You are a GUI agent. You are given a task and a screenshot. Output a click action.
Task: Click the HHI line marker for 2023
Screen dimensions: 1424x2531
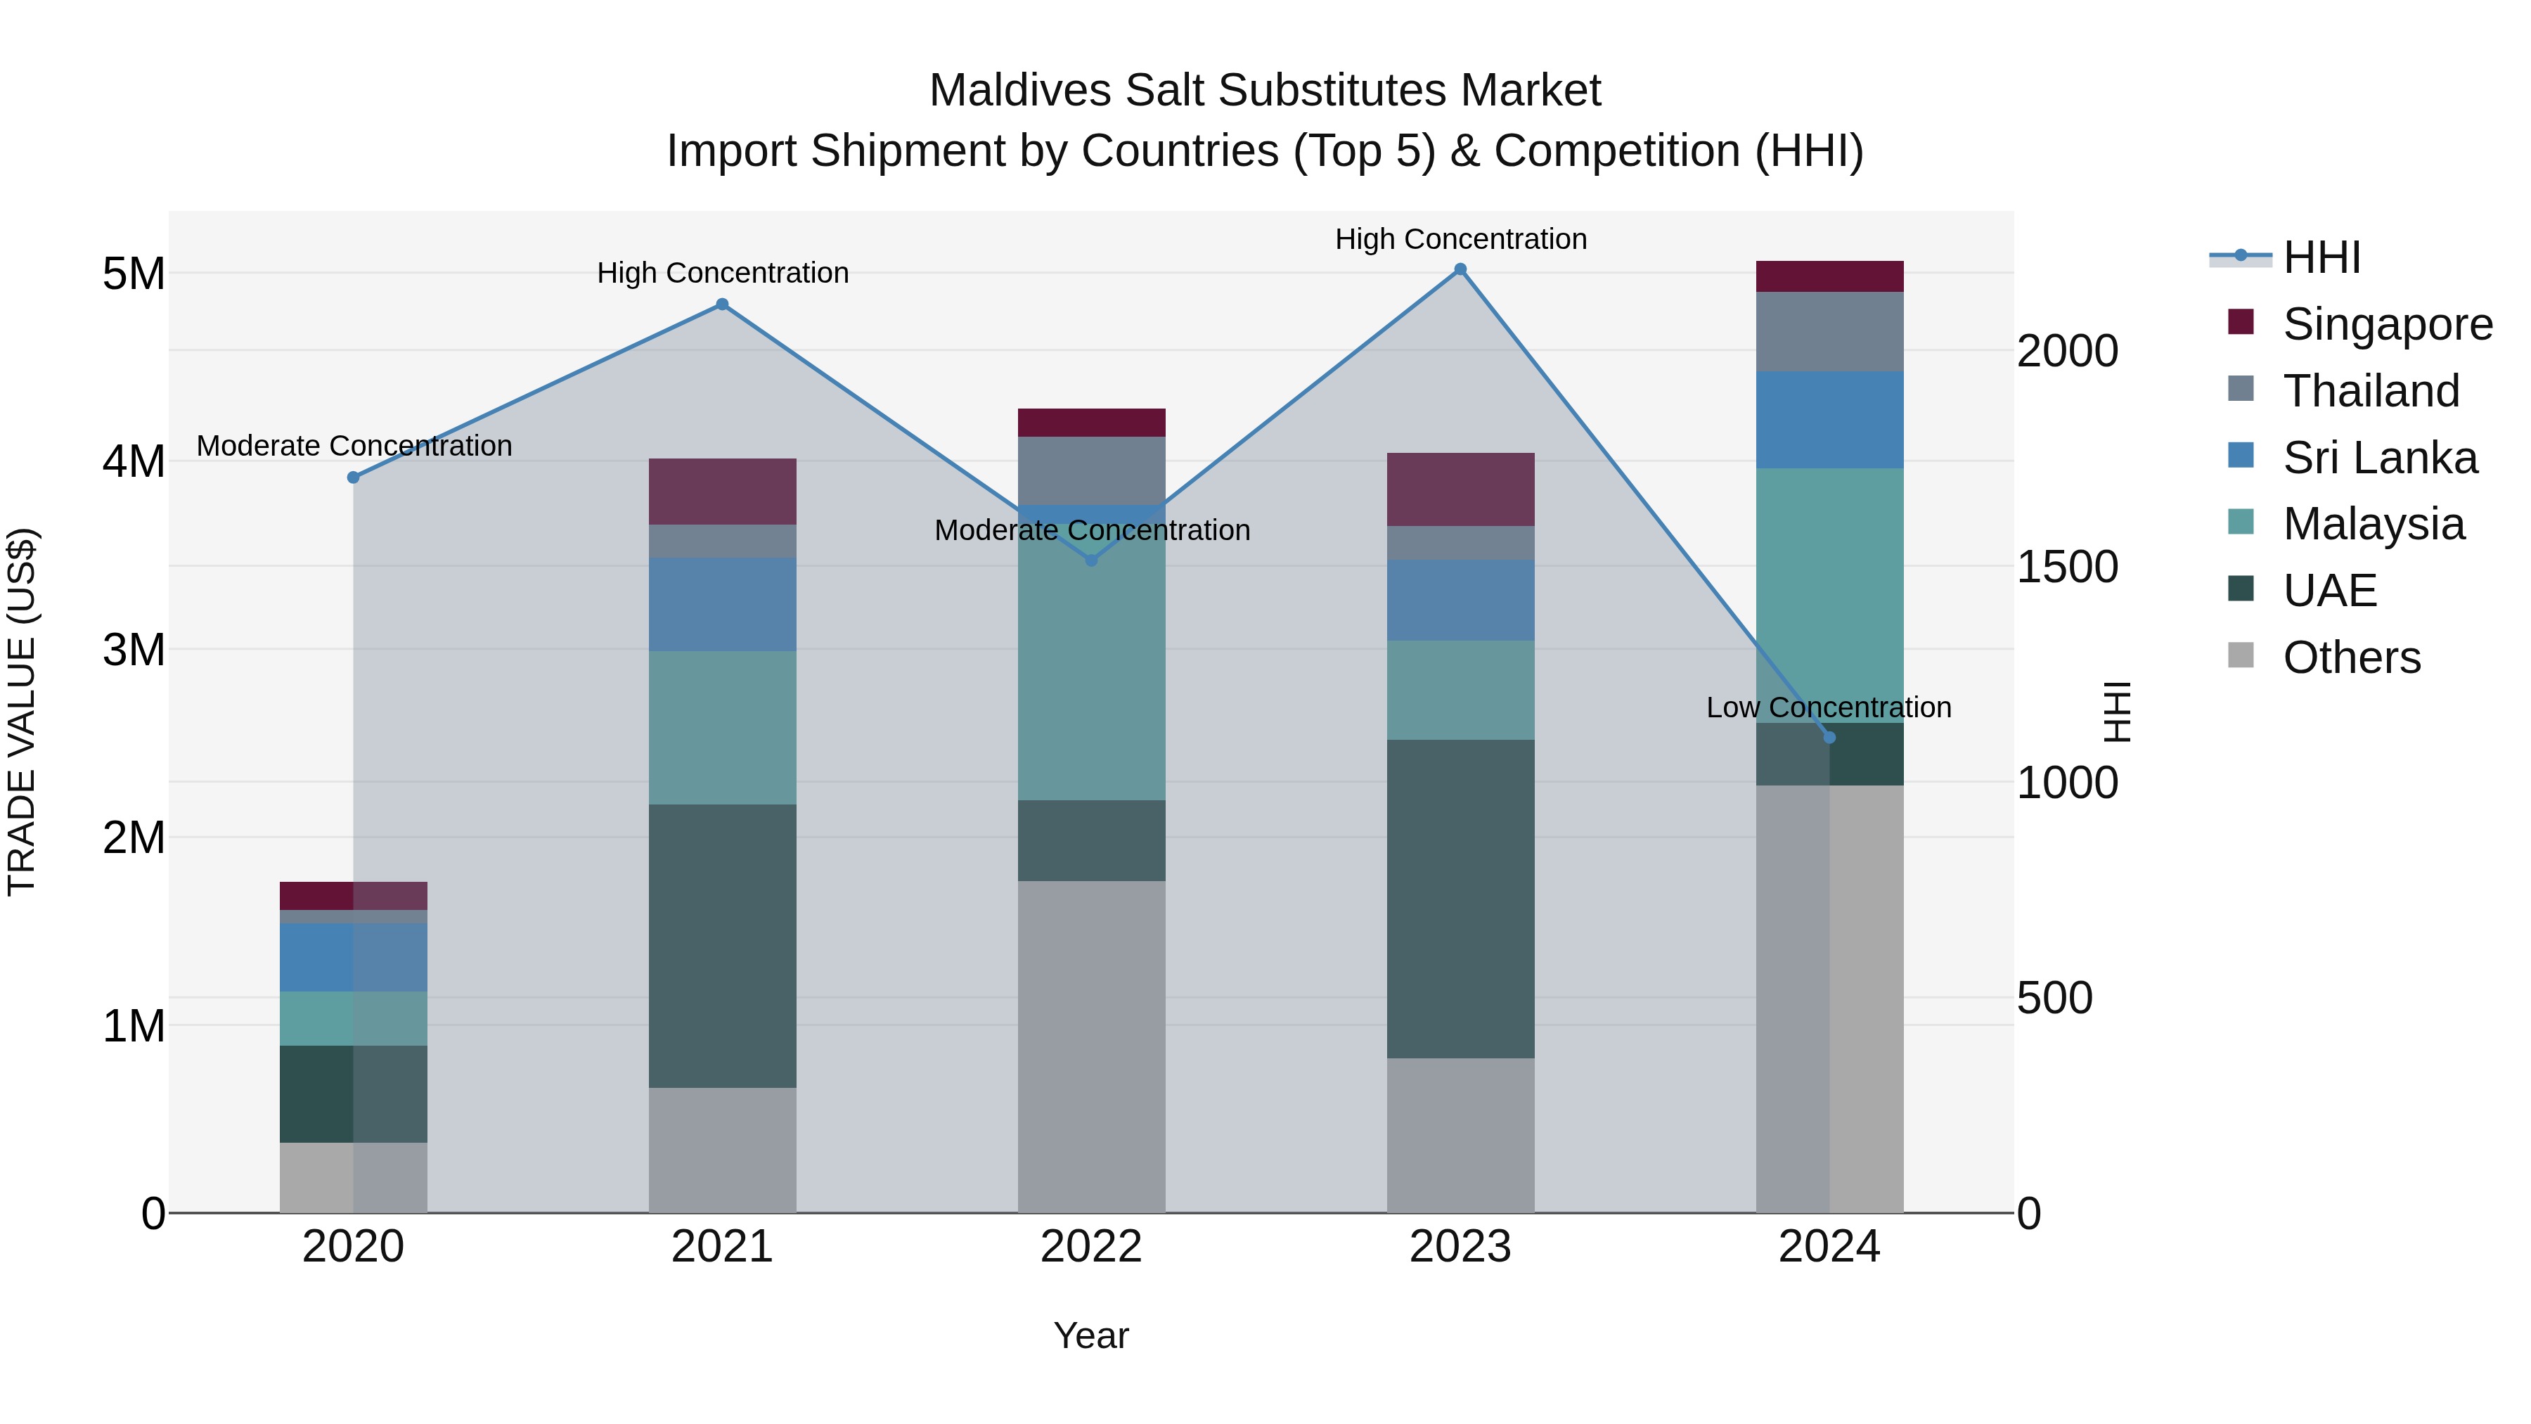coord(1460,269)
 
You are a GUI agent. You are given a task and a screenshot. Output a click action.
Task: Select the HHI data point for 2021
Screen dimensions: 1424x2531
coord(722,304)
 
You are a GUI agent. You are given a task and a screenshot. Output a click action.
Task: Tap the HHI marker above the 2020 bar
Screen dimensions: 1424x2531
coord(354,477)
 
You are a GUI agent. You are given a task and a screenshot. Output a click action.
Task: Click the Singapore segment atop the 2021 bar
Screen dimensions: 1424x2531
coord(722,492)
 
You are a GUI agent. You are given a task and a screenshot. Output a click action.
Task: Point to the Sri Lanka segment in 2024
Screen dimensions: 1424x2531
coord(1829,420)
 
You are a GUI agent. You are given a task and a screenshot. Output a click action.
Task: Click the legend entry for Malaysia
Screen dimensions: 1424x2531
coord(2373,524)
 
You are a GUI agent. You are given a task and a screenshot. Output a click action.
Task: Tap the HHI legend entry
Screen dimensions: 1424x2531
coord(2321,257)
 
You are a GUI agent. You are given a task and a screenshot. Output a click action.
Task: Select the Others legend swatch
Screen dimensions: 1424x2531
coord(2241,655)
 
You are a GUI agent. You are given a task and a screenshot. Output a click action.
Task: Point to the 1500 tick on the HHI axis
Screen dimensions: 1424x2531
coord(2067,567)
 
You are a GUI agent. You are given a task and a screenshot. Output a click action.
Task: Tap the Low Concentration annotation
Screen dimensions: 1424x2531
coord(1829,707)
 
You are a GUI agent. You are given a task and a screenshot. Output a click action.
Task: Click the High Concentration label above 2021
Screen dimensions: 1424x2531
coord(722,274)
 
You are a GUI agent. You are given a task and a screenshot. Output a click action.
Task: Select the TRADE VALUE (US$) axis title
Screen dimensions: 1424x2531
coord(22,712)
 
